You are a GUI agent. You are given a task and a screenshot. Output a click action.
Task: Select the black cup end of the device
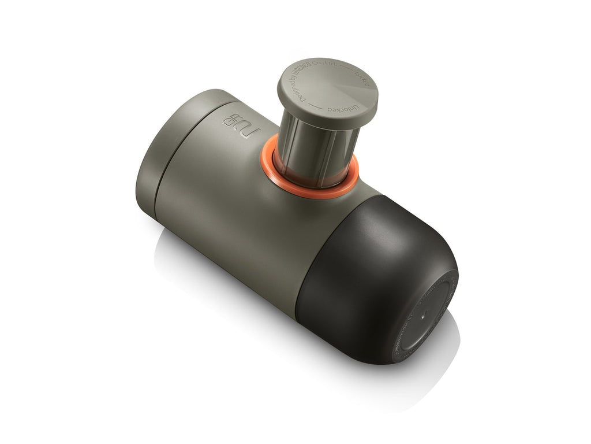[369, 272]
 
